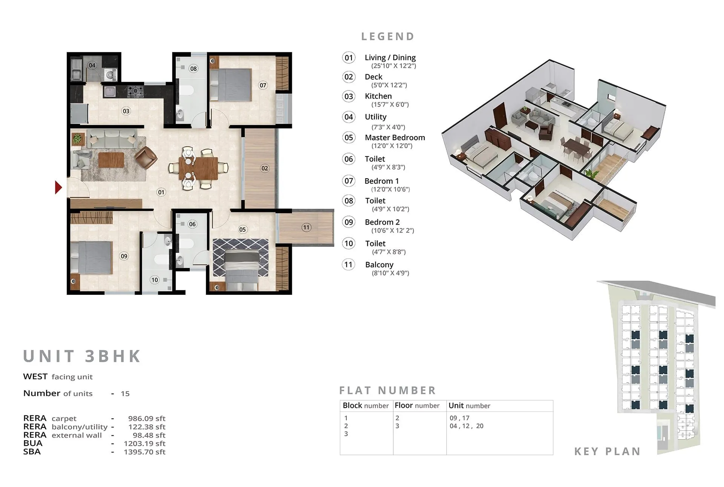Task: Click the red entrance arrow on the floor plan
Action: pyautogui.click(x=58, y=187)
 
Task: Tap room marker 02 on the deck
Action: pyautogui.click(x=265, y=168)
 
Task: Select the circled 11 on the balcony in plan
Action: pyautogui.click(x=306, y=227)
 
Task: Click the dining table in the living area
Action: pyautogui.click(x=198, y=168)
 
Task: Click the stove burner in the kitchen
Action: pyautogui.click(x=135, y=91)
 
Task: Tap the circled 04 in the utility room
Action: pyautogui.click(x=92, y=65)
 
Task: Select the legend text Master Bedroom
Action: pyautogui.click(x=394, y=138)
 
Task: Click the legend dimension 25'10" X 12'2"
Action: pyautogui.click(x=393, y=66)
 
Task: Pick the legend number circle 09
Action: pyautogui.click(x=348, y=222)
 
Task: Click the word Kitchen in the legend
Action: pyautogui.click(x=378, y=96)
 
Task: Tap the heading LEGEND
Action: pyautogui.click(x=388, y=37)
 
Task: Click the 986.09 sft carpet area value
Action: pyautogui.click(x=147, y=418)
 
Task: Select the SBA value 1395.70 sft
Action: pyautogui.click(x=144, y=452)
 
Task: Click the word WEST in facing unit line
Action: pyautogui.click(x=35, y=377)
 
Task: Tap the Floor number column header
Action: pyautogui.click(x=417, y=406)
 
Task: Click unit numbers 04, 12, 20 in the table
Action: pyautogui.click(x=466, y=426)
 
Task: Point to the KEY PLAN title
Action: pyautogui.click(x=607, y=451)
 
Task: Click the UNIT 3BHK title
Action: pyautogui.click(x=82, y=356)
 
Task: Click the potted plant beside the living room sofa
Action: pyautogui.click(x=77, y=139)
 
